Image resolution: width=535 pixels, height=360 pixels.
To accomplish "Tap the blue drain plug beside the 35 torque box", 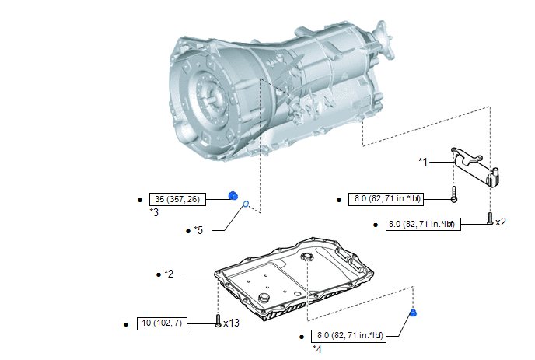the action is (x=233, y=195).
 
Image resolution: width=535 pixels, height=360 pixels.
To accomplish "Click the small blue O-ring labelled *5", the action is (x=246, y=204).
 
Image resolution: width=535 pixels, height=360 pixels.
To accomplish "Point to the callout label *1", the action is (x=423, y=162).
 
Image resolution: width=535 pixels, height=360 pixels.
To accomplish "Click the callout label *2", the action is (x=169, y=274).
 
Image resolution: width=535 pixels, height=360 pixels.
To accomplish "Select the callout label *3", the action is (x=154, y=212).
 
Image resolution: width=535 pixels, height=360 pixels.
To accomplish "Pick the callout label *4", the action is (x=317, y=349).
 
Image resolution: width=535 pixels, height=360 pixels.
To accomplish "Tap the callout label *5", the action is (x=198, y=230).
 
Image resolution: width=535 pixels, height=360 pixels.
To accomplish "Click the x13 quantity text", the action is (x=231, y=323).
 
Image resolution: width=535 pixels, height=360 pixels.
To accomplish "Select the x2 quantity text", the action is (x=501, y=222).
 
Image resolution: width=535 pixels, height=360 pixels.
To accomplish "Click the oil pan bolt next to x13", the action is (x=219, y=320).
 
